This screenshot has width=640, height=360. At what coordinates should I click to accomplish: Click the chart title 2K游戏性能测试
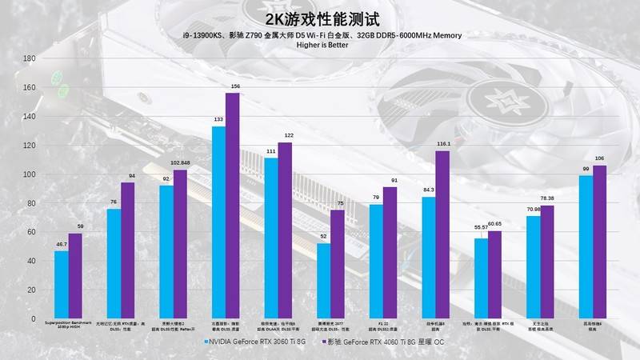point(320,18)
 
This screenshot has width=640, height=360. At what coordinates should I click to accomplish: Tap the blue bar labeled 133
point(218,223)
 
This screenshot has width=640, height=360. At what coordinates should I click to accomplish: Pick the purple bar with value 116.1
point(442,235)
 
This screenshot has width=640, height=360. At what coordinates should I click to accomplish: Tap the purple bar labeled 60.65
point(494,275)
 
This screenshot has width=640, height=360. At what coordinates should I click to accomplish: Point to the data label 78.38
point(546,198)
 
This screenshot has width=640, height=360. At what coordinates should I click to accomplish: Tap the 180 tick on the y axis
point(30,59)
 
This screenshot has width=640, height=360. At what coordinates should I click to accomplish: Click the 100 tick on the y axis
point(30,174)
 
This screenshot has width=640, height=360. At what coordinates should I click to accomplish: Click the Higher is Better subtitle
point(320,45)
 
